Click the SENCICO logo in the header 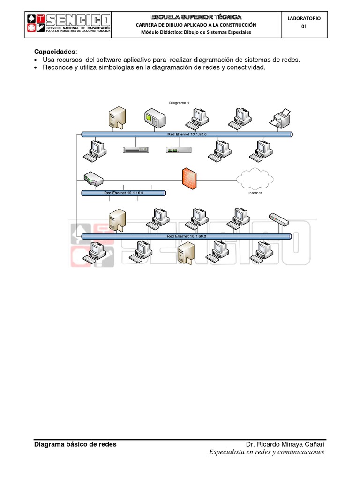(x=68, y=25)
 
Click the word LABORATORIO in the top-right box (x=304, y=18)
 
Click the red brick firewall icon (x=189, y=178)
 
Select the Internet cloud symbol (x=255, y=178)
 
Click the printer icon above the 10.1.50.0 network (x=280, y=117)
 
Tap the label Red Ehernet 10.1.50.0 (x=187, y=135)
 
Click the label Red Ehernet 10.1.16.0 (x=123, y=193)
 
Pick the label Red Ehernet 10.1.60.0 (x=187, y=236)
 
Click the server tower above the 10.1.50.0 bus (x=116, y=117)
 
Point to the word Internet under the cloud (x=255, y=193)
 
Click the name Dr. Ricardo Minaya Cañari (x=285, y=444)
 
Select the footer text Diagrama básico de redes (x=75, y=444)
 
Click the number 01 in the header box (x=304, y=27)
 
